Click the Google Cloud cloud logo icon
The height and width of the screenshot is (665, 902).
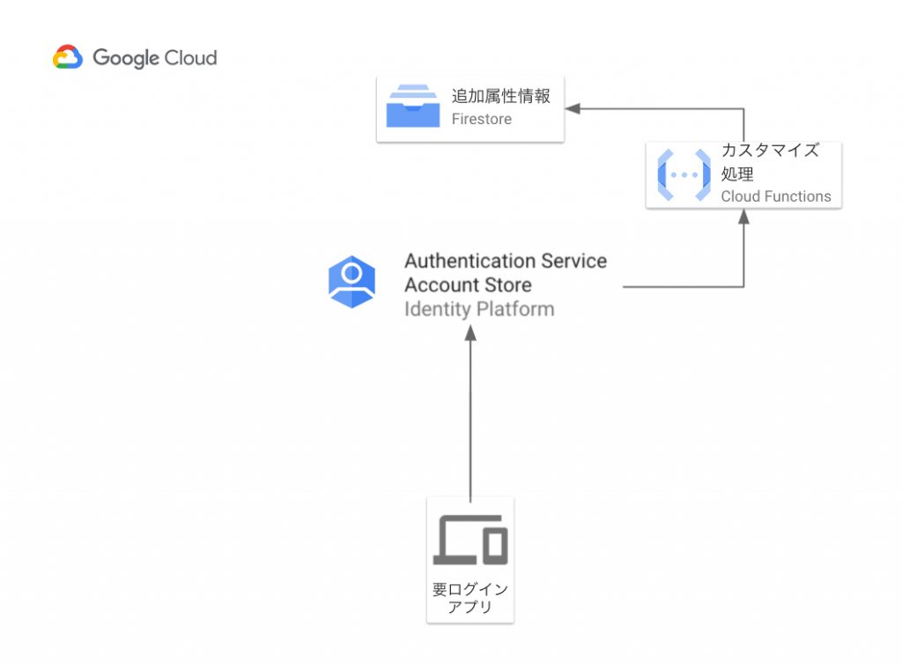(68, 58)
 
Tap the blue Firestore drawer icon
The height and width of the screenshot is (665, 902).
(412, 107)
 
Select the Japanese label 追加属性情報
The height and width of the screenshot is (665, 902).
(500, 96)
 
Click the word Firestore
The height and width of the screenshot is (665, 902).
(481, 119)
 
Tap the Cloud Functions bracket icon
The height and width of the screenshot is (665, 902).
(684, 174)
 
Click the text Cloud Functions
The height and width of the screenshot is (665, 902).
(775, 196)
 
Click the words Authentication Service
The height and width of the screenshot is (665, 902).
(505, 262)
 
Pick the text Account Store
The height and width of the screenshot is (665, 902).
(467, 285)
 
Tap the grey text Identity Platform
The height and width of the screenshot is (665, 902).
(478, 309)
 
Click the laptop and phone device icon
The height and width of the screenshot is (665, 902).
(470, 540)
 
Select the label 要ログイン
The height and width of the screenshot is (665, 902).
(470, 589)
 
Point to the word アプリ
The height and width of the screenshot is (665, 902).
(470, 607)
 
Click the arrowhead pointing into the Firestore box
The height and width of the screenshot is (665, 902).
(573, 108)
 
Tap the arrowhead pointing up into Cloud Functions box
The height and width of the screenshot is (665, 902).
(743, 217)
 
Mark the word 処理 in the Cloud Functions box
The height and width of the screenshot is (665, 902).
(737, 174)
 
